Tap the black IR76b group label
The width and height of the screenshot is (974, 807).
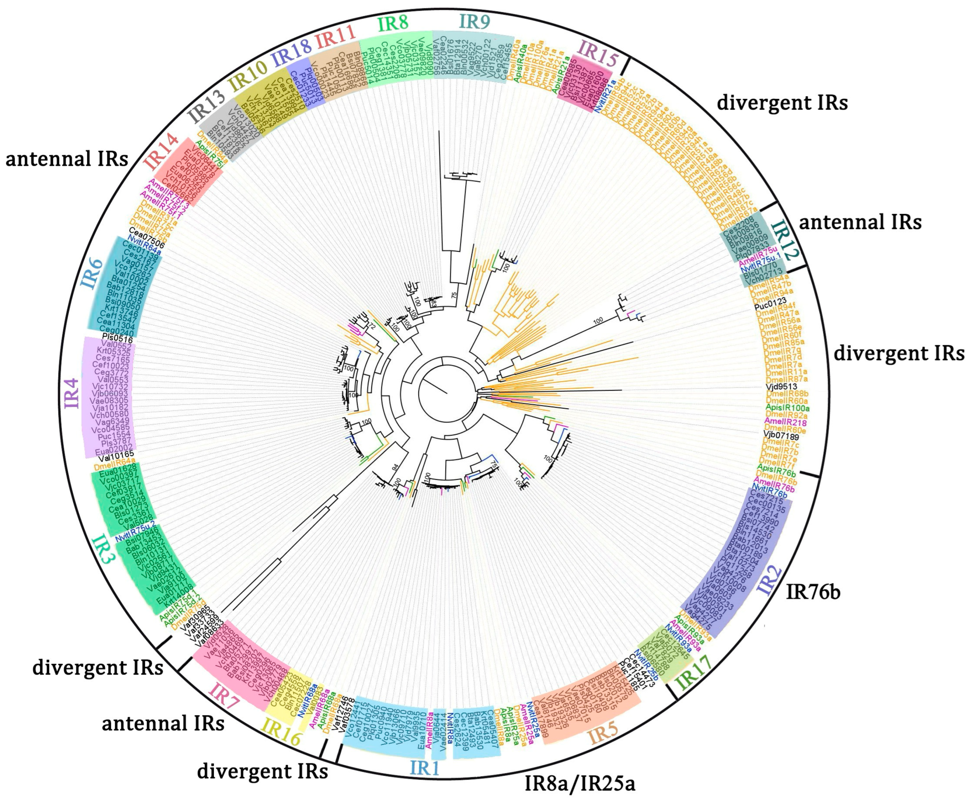point(813,592)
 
